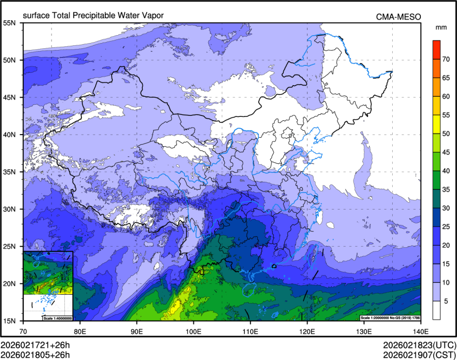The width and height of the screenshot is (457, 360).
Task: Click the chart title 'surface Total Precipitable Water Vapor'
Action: (93, 15)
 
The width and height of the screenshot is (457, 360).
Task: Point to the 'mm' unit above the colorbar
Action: (441, 27)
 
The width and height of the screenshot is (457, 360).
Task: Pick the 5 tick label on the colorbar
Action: (446, 301)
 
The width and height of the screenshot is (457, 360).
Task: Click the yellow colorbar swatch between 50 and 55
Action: (436, 124)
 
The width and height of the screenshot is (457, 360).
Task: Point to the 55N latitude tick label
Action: (10, 23)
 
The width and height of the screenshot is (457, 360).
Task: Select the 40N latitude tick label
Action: (10, 135)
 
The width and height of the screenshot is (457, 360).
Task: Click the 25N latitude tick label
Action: (10, 246)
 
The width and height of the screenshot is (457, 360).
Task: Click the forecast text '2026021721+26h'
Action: (36, 344)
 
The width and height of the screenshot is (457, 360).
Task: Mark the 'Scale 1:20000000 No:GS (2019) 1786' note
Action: (390, 317)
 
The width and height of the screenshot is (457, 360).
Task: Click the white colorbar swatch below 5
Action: (436, 310)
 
